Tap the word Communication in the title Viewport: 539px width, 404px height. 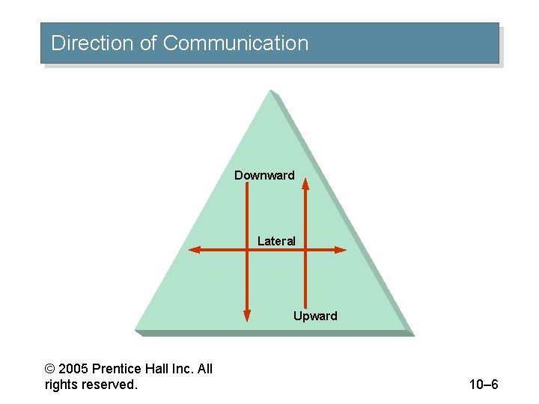[235, 43]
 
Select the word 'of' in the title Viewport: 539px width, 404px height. [148, 43]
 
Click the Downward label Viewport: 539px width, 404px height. [264, 176]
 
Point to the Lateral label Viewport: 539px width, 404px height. [276, 241]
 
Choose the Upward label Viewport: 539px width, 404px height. [315, 316]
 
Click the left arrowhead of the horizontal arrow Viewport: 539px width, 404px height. [194, 250]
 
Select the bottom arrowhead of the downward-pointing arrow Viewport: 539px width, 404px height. [247, 316]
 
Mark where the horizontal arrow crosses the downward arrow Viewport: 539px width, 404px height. [247, 250]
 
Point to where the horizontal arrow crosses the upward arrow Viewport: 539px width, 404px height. [305, 250]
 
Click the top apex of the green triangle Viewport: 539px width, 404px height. [270, 91]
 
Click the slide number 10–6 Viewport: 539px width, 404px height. [484, 385]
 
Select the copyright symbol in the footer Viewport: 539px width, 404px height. [50, 369]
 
